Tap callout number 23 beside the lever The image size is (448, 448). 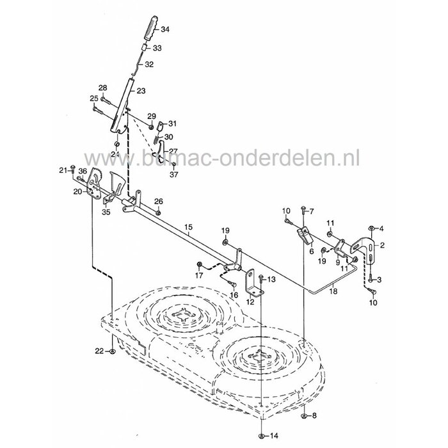pos(140,91)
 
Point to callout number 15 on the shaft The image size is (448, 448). pos(188,227)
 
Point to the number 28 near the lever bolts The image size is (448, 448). pos(102,88)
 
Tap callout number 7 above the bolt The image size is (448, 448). pos(312,211)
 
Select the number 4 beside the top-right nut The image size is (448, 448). pos(382,228)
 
